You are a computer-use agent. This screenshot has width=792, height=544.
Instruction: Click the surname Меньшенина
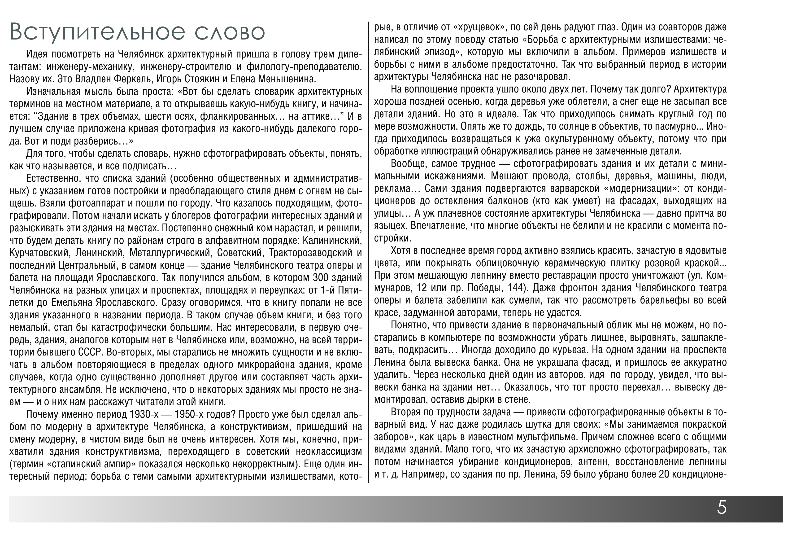(x=288, y=79)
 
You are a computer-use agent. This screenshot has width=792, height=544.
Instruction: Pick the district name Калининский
(x=332, y=240)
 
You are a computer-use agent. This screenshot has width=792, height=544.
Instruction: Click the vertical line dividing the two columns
(x=368, y=252)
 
